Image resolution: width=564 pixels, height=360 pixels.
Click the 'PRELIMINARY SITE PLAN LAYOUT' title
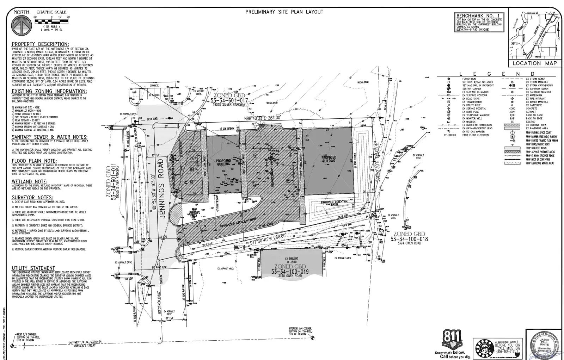coord(284,12)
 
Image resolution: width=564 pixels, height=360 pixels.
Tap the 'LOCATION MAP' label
coord(534,63)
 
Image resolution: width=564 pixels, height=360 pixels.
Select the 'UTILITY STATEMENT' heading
coord(33,268)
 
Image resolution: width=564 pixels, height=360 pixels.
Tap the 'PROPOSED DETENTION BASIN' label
coord(334,203)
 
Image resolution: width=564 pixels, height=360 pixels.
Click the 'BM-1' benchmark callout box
coord(239,248)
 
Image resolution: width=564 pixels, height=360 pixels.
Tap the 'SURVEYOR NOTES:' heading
coord(32,198)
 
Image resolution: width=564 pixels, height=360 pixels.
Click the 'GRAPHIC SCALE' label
coord(51,12)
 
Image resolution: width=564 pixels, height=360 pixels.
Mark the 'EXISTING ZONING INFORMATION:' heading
coord(49,91)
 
